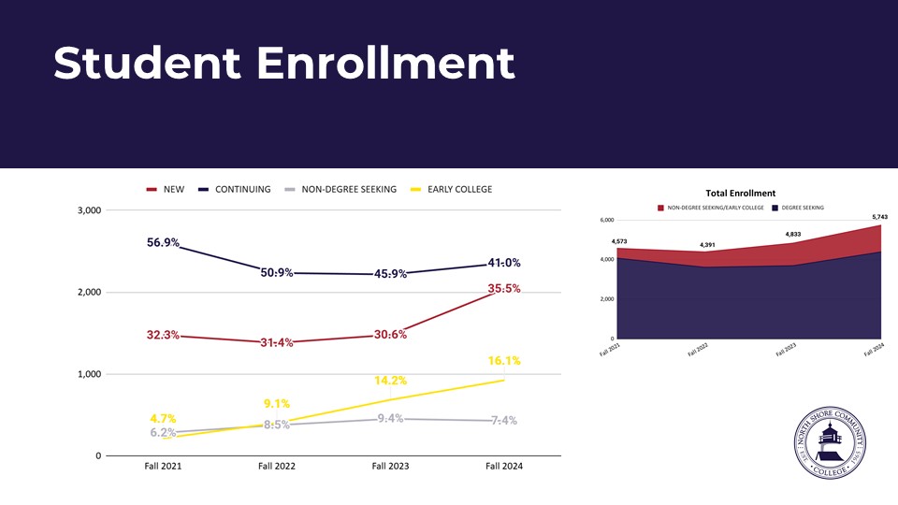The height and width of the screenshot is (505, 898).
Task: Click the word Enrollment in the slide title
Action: [385, 63]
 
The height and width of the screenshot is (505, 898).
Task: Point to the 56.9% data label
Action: [164, 242]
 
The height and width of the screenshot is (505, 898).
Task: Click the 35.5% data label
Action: [503, 289]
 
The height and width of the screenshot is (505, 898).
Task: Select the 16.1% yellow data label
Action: [503, 360]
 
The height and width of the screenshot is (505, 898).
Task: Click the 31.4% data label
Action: [277, 342]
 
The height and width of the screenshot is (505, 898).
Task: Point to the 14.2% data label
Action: [390, 381]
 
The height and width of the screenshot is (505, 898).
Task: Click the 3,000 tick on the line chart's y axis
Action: [88, 210]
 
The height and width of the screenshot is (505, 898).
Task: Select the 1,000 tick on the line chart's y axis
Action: [88, 374]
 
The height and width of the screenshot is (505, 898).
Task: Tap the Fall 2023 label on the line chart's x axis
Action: [391, 466]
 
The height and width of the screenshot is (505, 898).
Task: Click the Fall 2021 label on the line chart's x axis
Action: [163, 466]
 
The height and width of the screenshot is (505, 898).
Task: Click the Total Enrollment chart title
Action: [741, 194]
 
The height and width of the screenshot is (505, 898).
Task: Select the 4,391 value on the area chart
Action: [702, 245]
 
